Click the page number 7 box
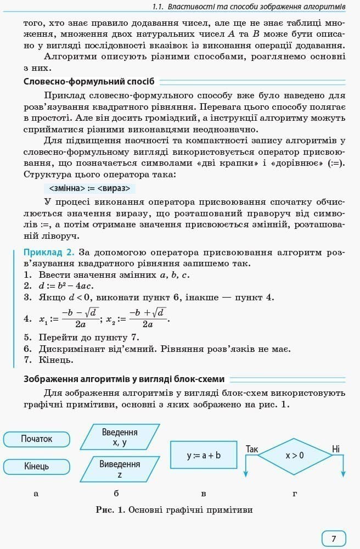click(x=334, y=539)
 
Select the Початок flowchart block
click(x=37, y=439)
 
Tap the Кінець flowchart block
click(x=37, y=466)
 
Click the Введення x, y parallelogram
click(x=120, y=437)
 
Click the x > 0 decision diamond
click(x=295, y=456)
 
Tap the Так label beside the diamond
click(x=252, y=449)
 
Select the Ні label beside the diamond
click(x=336, y=449)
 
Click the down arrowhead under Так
click(x=245, y=473)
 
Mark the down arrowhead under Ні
click(x=344, y=473)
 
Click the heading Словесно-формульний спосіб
click(x=89, y=82)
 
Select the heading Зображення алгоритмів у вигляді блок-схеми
click(x=125, y=379)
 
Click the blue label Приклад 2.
click(x=48, y=253)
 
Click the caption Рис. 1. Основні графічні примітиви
click(x=174, y=510)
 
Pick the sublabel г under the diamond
click(x=295, y=494)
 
